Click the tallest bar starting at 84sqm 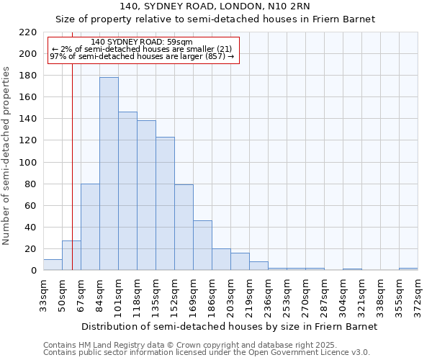pyautogui.click(x=109, y=174)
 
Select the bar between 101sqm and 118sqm pyautogui.click(x=127, y=191)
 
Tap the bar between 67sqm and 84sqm pyautogui.click(x=90, y=227)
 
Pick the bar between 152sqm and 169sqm pyautogui.click(x=184, y=228)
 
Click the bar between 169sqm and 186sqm pyautogui.click(x=202, y=246)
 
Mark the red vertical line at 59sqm pyautogui.click(x=72, y=180)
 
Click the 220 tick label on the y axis pyautogui.click(x=28, y=32)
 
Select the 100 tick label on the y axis pyautogui.click(x=28, y=163)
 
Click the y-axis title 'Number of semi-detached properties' pyautogui.click(x=6, y=156)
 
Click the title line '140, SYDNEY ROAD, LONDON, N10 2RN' pyautogui.click(x=215, y=6)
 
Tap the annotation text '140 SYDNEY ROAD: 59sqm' pyautogui.click(x=142, y=42)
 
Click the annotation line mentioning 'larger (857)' pyautogui.click(x=142, y=56)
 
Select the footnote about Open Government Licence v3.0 pyautogui.click(x=207, y=353)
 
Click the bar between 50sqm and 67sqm pyautogui.click(x=71, y=256)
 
